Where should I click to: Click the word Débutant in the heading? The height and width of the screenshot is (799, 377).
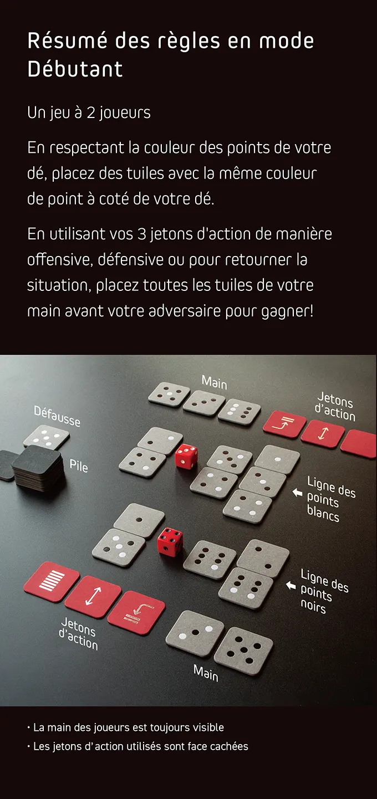click(x=75, y=69)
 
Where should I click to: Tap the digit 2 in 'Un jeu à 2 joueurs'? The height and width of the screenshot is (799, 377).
click(x=91, y=113)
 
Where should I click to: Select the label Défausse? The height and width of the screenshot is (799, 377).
click(x=57, y=416)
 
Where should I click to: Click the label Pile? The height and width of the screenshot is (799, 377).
click(x=79, y=465)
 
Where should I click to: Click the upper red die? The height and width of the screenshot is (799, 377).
click(x=186, y=456)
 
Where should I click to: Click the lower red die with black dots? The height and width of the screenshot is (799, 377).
click(x=170, y=541)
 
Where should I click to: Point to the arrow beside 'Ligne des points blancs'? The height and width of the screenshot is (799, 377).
click(x=297, y=493)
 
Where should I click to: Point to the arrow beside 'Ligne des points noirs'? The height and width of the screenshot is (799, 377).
click(x=291, y=585)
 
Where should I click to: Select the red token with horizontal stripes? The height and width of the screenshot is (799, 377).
click(x=52, y=581)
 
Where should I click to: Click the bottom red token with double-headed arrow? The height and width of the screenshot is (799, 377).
click(x=93, y=596)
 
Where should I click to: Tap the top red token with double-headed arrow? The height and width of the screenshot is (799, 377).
click(x=322, y=434)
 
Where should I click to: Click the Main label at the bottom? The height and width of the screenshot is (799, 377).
click(x=206, y=673)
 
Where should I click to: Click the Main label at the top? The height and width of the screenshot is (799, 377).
click(x=214, y=382)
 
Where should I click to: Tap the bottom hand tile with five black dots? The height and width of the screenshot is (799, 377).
click(x=244, y=651)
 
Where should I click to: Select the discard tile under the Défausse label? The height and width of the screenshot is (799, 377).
click(x=47, y=437)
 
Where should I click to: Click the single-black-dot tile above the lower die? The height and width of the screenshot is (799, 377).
click(x=139, y=520)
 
